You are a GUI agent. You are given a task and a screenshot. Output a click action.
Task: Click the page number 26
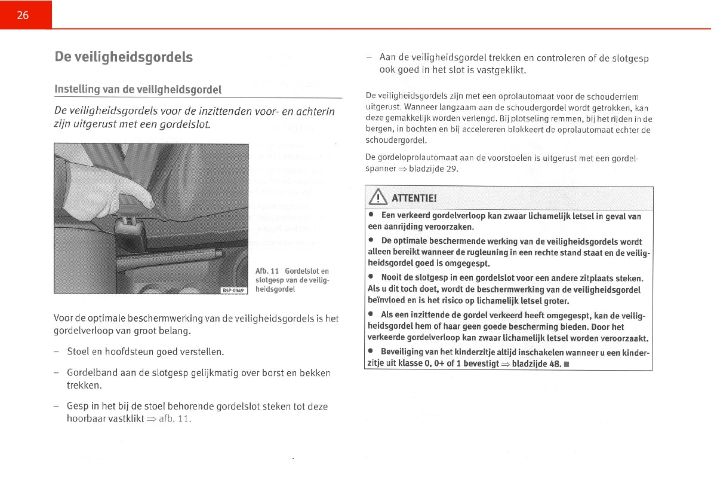[23, 16]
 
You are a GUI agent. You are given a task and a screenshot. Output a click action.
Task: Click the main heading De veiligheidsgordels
[124, 57]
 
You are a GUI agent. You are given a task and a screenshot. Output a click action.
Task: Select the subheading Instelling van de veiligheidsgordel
[138, 90]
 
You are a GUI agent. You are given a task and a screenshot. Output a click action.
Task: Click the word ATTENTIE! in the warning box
[414, 198]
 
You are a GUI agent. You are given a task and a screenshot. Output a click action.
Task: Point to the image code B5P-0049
[233, 291]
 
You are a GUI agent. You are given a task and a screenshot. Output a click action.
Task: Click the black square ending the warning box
[565, 364]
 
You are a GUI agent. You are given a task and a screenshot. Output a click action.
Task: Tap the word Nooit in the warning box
[391, 278]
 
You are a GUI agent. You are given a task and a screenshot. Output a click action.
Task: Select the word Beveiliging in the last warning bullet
[402, 352]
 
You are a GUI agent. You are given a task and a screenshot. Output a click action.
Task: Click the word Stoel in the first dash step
[78, 352]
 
